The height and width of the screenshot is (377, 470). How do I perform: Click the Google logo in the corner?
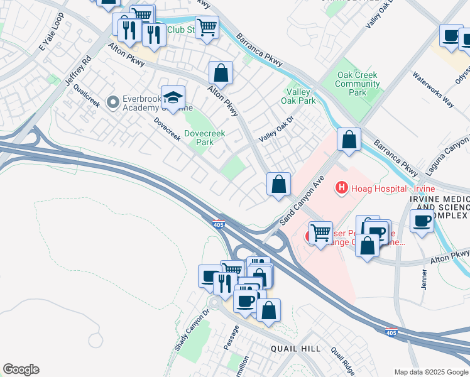click(x=21, y=369)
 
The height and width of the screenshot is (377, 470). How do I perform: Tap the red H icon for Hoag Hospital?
click(x=342, y=187)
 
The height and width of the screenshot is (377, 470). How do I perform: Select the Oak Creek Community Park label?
click(x=357, y=84)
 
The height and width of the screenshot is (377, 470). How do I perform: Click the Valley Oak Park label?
click(x=300, y=96)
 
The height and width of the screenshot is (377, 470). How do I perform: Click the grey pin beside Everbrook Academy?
click(x=113, y=101)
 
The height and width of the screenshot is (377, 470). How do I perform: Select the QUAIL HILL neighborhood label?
click(x=295, y=349)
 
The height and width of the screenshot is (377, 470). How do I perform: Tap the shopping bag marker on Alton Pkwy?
click(x=221, y=73)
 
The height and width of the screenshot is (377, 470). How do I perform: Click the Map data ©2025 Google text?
click(x=431, y=372)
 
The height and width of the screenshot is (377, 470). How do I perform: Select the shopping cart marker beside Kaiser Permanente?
click(x=320, y=233)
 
